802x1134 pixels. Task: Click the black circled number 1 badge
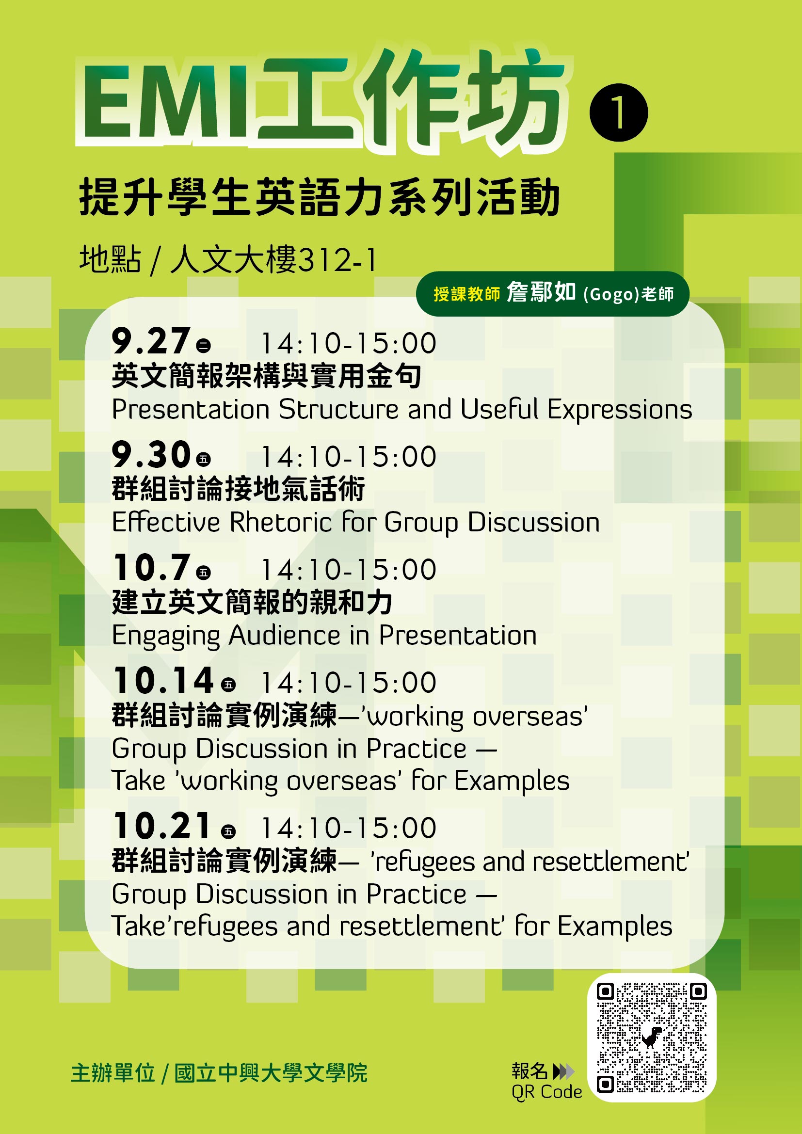[618, 112]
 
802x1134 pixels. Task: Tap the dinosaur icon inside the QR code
[652, 1037]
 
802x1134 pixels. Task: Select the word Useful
[499, 409]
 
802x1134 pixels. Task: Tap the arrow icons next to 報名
[564, 1071]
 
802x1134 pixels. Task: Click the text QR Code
[546, 1092]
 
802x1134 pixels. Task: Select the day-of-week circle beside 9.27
[203, 345]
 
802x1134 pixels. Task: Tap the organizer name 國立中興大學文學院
[271, 1073]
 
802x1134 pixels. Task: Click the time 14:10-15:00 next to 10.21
[349, 827]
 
